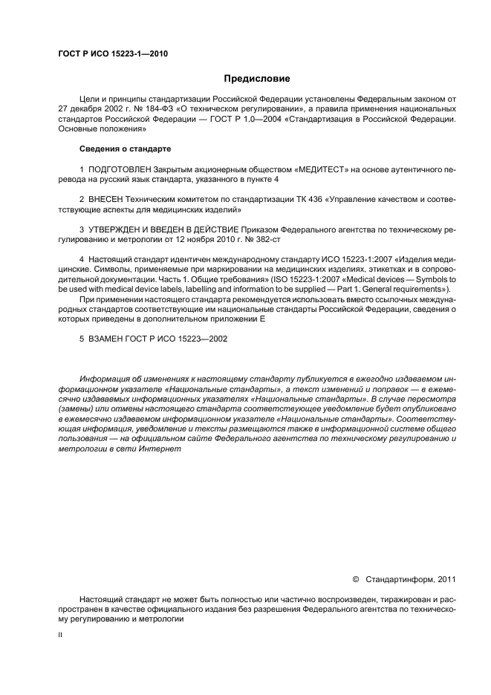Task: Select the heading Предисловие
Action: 257,78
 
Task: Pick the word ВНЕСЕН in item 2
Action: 108,200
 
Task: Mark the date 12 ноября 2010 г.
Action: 211,240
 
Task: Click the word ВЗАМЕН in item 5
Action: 110,339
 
